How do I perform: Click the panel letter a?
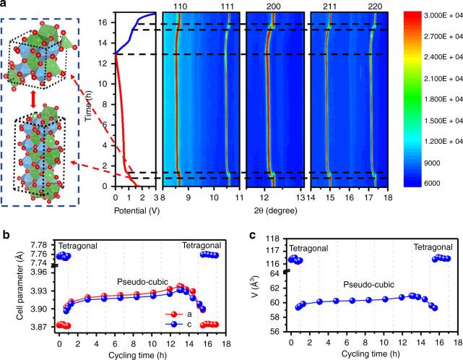pos(6,7)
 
